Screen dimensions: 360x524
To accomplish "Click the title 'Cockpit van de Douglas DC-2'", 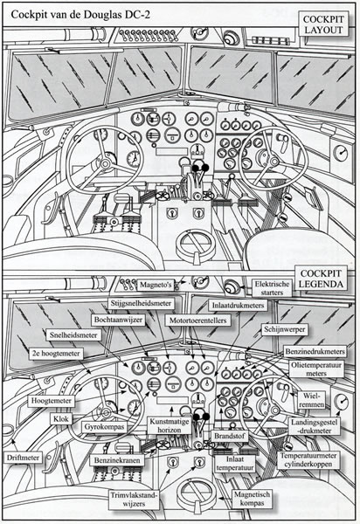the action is click(x=80, y=15).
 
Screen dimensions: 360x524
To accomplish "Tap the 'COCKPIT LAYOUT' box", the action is click(x=323, y=24).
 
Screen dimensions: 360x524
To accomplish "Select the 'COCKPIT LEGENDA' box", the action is click(x=321, y=279).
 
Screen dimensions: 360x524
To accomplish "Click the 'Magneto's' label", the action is click(x=156, y=285).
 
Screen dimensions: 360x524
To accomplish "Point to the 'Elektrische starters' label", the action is click(x=272, y=287).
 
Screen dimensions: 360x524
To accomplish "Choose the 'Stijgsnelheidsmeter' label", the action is click(x=141, y=303).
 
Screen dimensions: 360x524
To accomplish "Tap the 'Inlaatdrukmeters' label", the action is click(x=238, y=305).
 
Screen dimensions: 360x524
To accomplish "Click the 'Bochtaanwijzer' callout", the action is click(x=118, y=320).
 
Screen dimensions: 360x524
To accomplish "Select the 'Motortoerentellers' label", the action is click(x=197, y=321).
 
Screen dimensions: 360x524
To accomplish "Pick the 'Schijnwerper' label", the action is click(x=285, y=329).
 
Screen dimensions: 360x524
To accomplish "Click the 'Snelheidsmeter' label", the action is click(x=73, y=335).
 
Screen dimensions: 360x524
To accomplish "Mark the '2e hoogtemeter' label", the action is click(x=56, y=354).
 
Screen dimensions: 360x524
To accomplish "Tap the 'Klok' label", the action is click(x=61, y=418).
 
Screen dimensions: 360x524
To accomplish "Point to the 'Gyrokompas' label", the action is click(x=104, y=427).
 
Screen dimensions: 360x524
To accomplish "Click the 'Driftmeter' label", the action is click(x=23, y=458).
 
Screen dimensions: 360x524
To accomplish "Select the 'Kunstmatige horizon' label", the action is click(x=170, y=426).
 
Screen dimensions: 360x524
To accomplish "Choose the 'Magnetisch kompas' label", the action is click(x=252, y=499).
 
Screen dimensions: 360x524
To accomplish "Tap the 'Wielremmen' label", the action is click(x=312, y=400).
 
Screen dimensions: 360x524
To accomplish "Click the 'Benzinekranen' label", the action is click(x=117, y=460).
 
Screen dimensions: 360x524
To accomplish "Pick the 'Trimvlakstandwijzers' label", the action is click(x=134, y=500).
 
